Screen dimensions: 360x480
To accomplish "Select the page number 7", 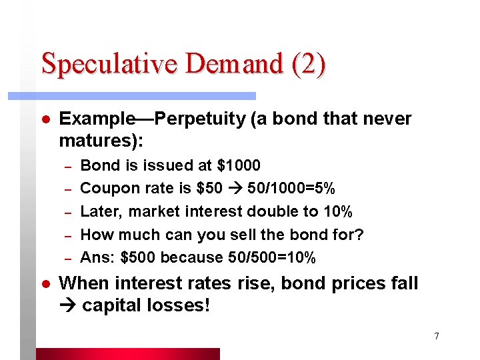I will point(436,336).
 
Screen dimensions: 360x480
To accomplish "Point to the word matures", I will point(99,141).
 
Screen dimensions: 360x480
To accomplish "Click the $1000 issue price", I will point(237,165).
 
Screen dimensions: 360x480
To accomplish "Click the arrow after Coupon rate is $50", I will point(235,189).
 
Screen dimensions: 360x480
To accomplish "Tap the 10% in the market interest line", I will point(336,212).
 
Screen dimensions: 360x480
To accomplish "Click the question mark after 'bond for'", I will point(360,235).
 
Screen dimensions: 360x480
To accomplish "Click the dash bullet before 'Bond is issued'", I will point(67,165).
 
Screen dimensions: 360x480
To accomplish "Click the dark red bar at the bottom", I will point(127,353).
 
